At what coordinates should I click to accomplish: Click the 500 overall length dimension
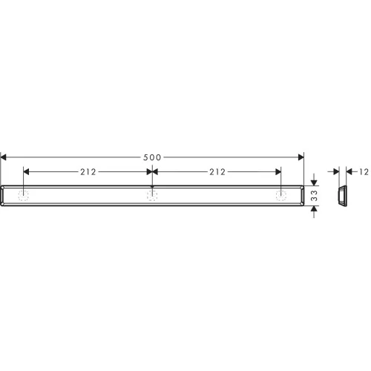[152, 157]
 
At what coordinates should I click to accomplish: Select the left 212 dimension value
[88, 172]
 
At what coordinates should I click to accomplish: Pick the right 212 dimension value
[217, 172]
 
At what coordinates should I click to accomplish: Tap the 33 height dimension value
[314, 196]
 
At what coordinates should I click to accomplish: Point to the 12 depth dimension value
[364, 172]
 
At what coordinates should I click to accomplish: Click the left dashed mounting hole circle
[23, 196]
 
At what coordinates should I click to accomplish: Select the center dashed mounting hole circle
[152, 196]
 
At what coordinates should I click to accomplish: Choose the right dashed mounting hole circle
[281, 196]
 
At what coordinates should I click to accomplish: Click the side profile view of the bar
[342, 196]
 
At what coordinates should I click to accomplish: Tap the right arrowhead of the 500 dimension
[301, 157]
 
